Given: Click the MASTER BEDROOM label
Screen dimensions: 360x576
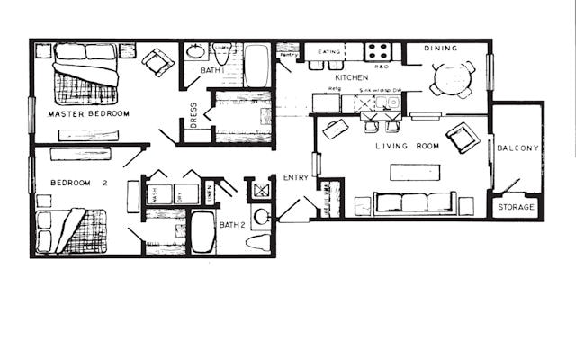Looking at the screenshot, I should pyautogui.click(x=88, y=114).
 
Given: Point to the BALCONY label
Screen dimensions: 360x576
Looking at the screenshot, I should pyautogui.click(x=517, y=148).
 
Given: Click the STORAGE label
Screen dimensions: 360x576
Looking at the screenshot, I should pyautogui.click(x=517, y=207).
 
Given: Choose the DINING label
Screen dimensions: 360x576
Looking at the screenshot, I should pyautogui.click(x=441, y=48).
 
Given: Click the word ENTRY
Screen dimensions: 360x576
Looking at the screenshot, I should pyautogui.click(x=296, y=177).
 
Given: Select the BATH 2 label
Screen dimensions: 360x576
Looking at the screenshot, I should pyautogui.click(x=232, y=225).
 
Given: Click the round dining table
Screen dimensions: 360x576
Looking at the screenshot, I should pyautogui.click(x=448, y=78).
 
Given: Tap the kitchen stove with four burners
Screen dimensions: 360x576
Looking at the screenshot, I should pyautogui.click(x=377, y=51).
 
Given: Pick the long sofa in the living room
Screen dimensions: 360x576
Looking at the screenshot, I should pyautogui.click(x=415, y=202).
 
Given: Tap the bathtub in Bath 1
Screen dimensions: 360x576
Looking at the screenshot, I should pyautogui.click(x=256, y=66).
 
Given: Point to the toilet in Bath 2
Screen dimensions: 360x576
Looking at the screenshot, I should pyautogui.click(x=258, y=242).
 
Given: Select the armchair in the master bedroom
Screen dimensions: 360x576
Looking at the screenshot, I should pyautogui.click(x=159, y=61).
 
